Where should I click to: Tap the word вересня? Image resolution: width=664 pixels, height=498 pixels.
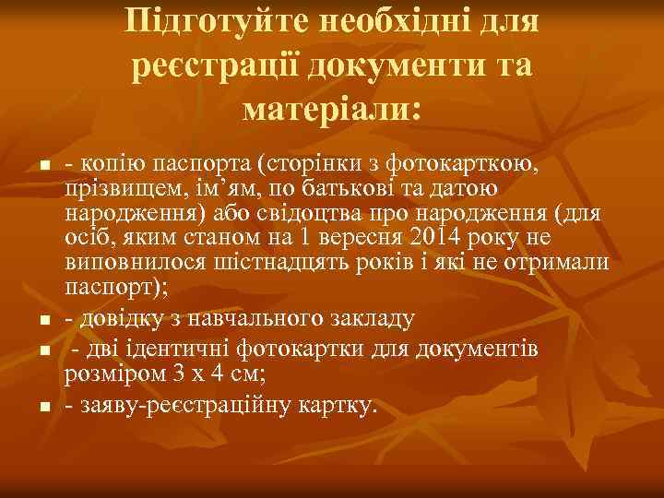point(363,239)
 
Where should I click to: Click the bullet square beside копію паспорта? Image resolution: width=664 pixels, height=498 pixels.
point(43,168)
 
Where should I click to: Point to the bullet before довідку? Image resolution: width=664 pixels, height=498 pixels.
point(43,322)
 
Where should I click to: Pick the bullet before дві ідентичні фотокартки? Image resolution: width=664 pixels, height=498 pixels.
point(43,352)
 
